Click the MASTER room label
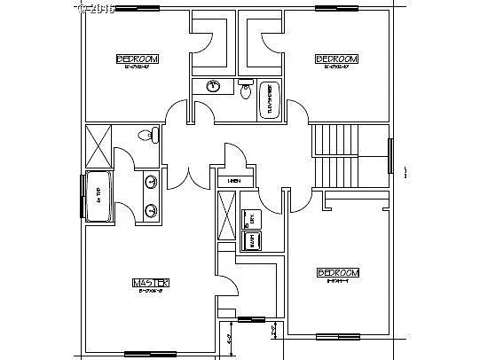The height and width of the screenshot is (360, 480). coord(150,283)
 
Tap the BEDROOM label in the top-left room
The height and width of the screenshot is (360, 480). coord(138,59)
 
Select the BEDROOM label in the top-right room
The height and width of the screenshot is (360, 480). coord(336,59)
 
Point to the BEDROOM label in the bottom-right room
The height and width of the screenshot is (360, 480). coord(337,272)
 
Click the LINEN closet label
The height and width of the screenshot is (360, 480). coord(234,181)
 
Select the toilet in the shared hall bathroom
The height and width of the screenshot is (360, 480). coord(248,90)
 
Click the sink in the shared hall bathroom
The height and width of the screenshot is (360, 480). coord(213,87)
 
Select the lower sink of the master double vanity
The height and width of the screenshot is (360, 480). coord(151,210)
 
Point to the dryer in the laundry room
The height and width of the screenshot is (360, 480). coord(250,216)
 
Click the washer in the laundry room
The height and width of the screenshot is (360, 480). coord(250,239)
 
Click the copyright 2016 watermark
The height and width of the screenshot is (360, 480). coord(97,8)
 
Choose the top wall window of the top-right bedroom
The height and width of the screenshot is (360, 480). coord(339,11)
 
